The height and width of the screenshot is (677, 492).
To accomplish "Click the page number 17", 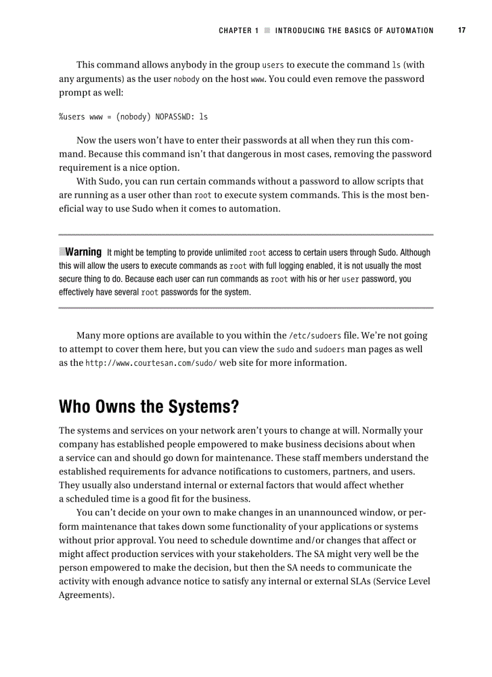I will (462, 30).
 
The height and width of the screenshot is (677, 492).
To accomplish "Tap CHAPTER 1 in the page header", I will (238, 31).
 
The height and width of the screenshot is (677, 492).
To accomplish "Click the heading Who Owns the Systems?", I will (149, 407).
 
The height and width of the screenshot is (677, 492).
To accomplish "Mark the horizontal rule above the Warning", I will (246, 235).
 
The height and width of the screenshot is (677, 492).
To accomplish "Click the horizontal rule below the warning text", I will (246, 308).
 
